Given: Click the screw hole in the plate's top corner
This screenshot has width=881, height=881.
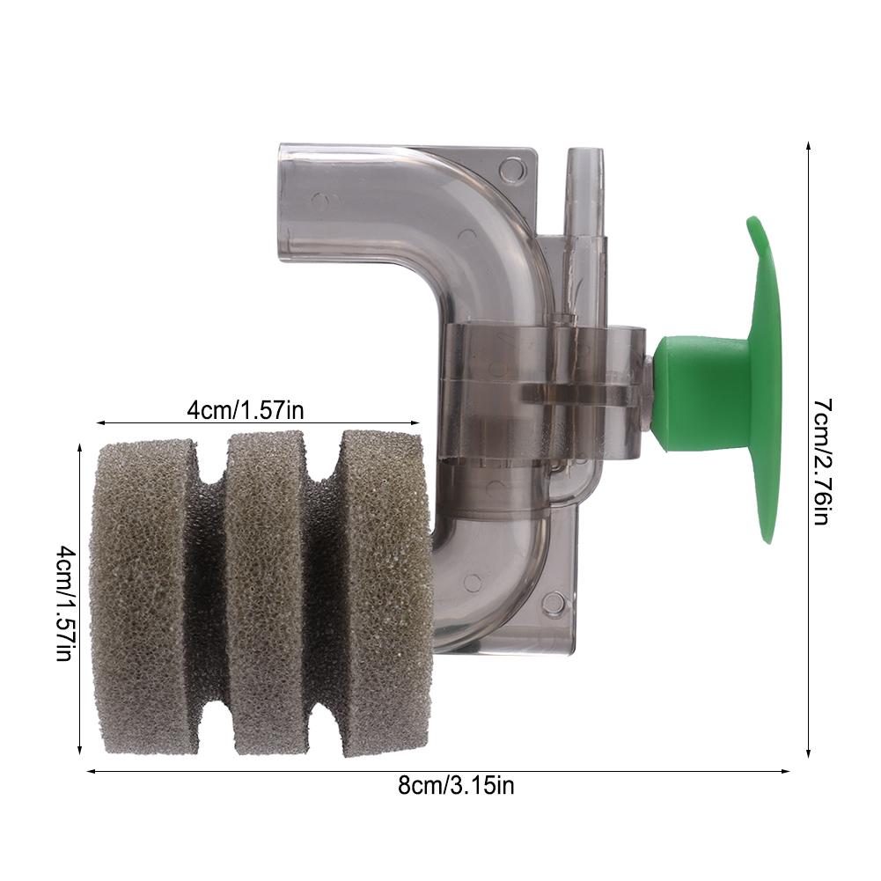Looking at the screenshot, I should [511, 167].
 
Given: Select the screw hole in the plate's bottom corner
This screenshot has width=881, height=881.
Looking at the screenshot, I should [552, 603].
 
